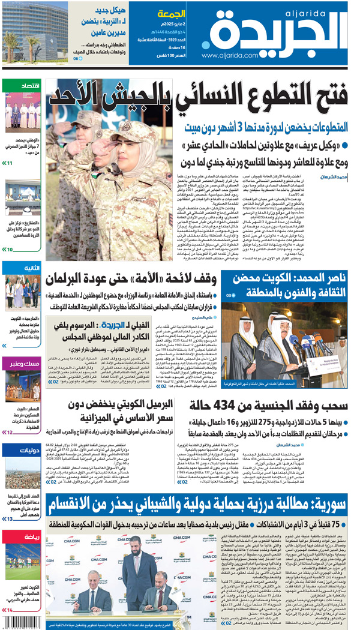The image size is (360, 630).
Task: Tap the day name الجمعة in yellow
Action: tap(171, 14)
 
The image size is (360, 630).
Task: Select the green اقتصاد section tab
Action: tap(22, 86)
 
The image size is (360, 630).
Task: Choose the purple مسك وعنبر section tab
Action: tap(22, 364)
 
